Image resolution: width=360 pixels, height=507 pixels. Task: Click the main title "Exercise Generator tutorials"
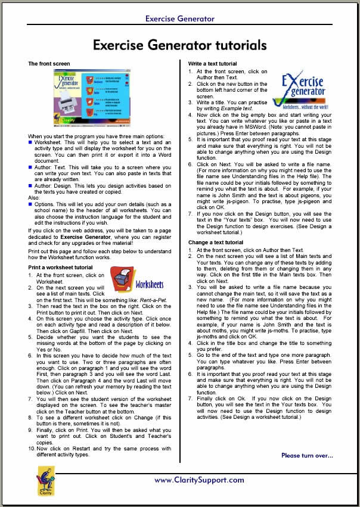click(x=179, y=45)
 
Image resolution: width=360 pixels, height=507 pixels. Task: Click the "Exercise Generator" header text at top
click(x=179, y=18)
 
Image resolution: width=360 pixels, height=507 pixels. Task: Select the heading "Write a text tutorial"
click(x=213, y=64)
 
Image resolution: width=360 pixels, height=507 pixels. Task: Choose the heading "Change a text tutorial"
click(x=216, y=242)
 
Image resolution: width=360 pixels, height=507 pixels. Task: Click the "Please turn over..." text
click(x=307, y=456)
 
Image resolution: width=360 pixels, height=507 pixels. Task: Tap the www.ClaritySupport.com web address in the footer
click(x=199, y=480)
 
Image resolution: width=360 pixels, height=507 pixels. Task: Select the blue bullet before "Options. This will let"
click(x=30, y=204)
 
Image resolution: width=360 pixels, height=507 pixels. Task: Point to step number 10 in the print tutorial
click(x=32, y=449)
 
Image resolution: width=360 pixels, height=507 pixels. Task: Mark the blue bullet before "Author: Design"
click(x=30, y=185)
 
